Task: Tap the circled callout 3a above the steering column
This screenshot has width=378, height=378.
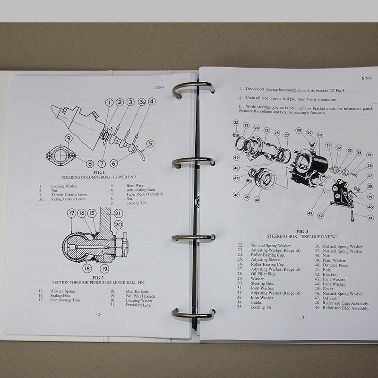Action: [141, 102]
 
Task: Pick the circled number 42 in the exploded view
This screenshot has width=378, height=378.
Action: [320, 215]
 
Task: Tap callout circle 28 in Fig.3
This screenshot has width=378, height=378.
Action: [299, 130]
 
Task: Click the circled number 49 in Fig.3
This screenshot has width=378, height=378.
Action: [236, 157]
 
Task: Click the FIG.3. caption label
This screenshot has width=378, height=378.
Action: [300, 231]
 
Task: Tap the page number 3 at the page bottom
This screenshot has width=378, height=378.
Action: [303, 318]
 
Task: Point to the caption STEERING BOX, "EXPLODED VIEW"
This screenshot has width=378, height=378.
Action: [301, 236]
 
